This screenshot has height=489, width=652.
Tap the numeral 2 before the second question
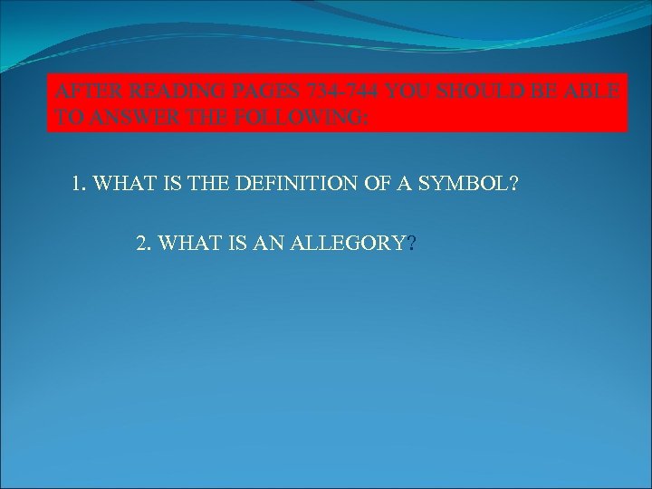[140, 244]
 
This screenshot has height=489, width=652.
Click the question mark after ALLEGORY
[412, 244]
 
